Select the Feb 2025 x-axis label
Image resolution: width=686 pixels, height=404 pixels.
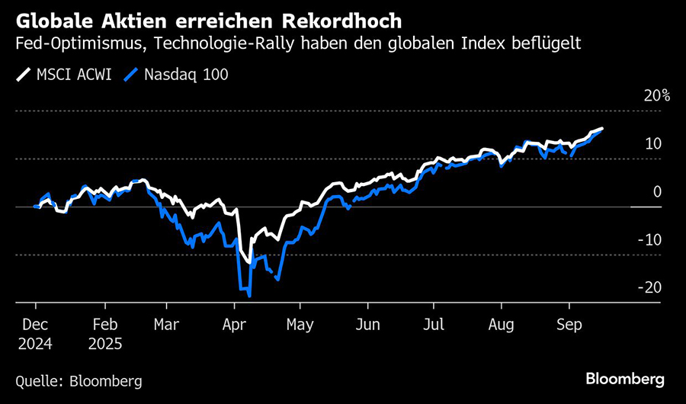coord(106,332)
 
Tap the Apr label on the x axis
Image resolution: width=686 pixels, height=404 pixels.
coord(234,323)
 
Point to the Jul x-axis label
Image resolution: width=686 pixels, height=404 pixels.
coord(434,323)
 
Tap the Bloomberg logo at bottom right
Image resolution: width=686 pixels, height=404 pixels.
coord(624,379)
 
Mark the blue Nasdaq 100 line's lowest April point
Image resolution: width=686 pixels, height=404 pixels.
coord(249,295)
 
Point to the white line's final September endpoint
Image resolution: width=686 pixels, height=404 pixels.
coord(603,129)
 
